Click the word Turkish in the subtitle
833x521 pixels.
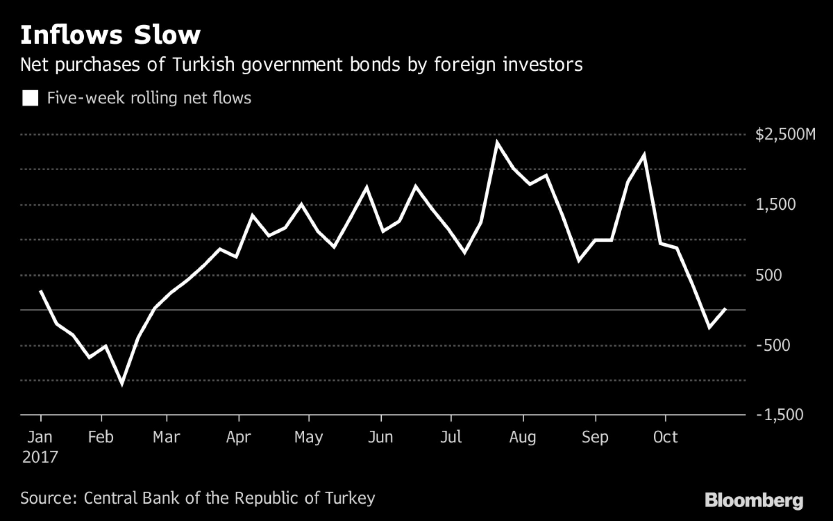[203, 65]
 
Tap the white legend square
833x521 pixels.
[30, 98]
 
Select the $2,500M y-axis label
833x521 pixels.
[785, 135]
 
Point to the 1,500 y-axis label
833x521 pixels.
[775, 204]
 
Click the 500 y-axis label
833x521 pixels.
[768, 275]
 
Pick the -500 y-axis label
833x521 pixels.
[773, 345]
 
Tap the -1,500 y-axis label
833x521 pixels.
[779, 415]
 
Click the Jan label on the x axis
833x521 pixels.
[40, 437]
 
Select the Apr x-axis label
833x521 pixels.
[239, 437]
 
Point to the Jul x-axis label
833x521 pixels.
[451, 437]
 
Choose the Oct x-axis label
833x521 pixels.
[665, 437]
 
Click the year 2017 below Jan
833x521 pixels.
[40, 457]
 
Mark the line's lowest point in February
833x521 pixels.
[122, 383]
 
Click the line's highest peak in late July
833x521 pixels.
[497, 142]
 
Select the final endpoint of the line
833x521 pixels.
[725, 309]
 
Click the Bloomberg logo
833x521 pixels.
[754, 500]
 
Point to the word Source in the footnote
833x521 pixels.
[47, 498]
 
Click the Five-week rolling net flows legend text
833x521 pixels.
[149, 98]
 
